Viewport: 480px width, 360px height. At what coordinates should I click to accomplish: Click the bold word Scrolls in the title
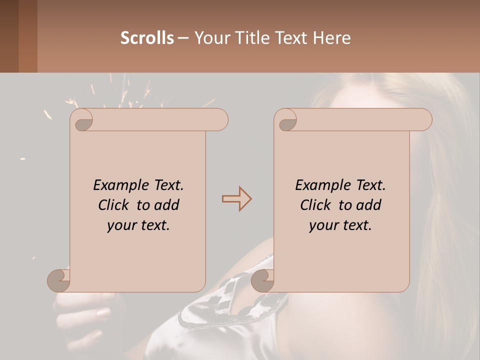(x=147, y=38)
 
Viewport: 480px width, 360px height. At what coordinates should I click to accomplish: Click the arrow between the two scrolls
(x=237, y=199)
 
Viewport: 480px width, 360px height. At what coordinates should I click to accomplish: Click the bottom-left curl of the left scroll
(x=59, y=280)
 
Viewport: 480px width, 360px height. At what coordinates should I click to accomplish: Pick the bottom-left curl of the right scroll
(x=262, y=280)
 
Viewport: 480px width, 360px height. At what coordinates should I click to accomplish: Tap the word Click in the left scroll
(x=114, y=205)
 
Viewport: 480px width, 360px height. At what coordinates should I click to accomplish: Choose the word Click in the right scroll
(x=315, y=205)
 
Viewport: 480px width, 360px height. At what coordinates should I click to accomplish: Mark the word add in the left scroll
(x=166, y=205)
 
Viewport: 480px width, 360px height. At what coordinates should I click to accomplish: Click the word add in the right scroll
(x=368, y=205)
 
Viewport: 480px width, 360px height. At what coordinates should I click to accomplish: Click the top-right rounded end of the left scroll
(x=220, y=120)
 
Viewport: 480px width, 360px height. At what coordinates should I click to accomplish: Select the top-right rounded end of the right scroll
(x=424, y=120)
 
